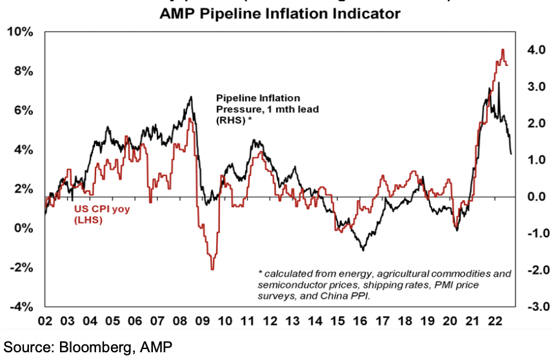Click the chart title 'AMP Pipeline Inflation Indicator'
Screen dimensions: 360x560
click(280, 12)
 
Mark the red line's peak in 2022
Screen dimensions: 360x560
click(503, 50)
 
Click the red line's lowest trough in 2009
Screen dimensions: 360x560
click(212, 269)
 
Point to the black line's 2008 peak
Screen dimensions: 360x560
click(191, 97)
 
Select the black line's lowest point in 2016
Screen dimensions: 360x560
click(363, 250)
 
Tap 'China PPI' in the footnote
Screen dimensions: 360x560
click(352, 297)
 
